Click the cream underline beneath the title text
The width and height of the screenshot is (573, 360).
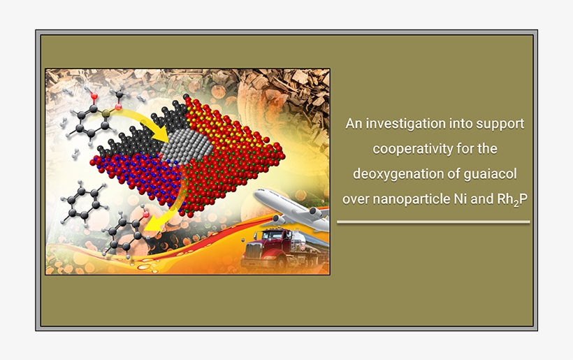[433, 222]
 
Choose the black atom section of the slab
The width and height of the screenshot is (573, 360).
[133, 140]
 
